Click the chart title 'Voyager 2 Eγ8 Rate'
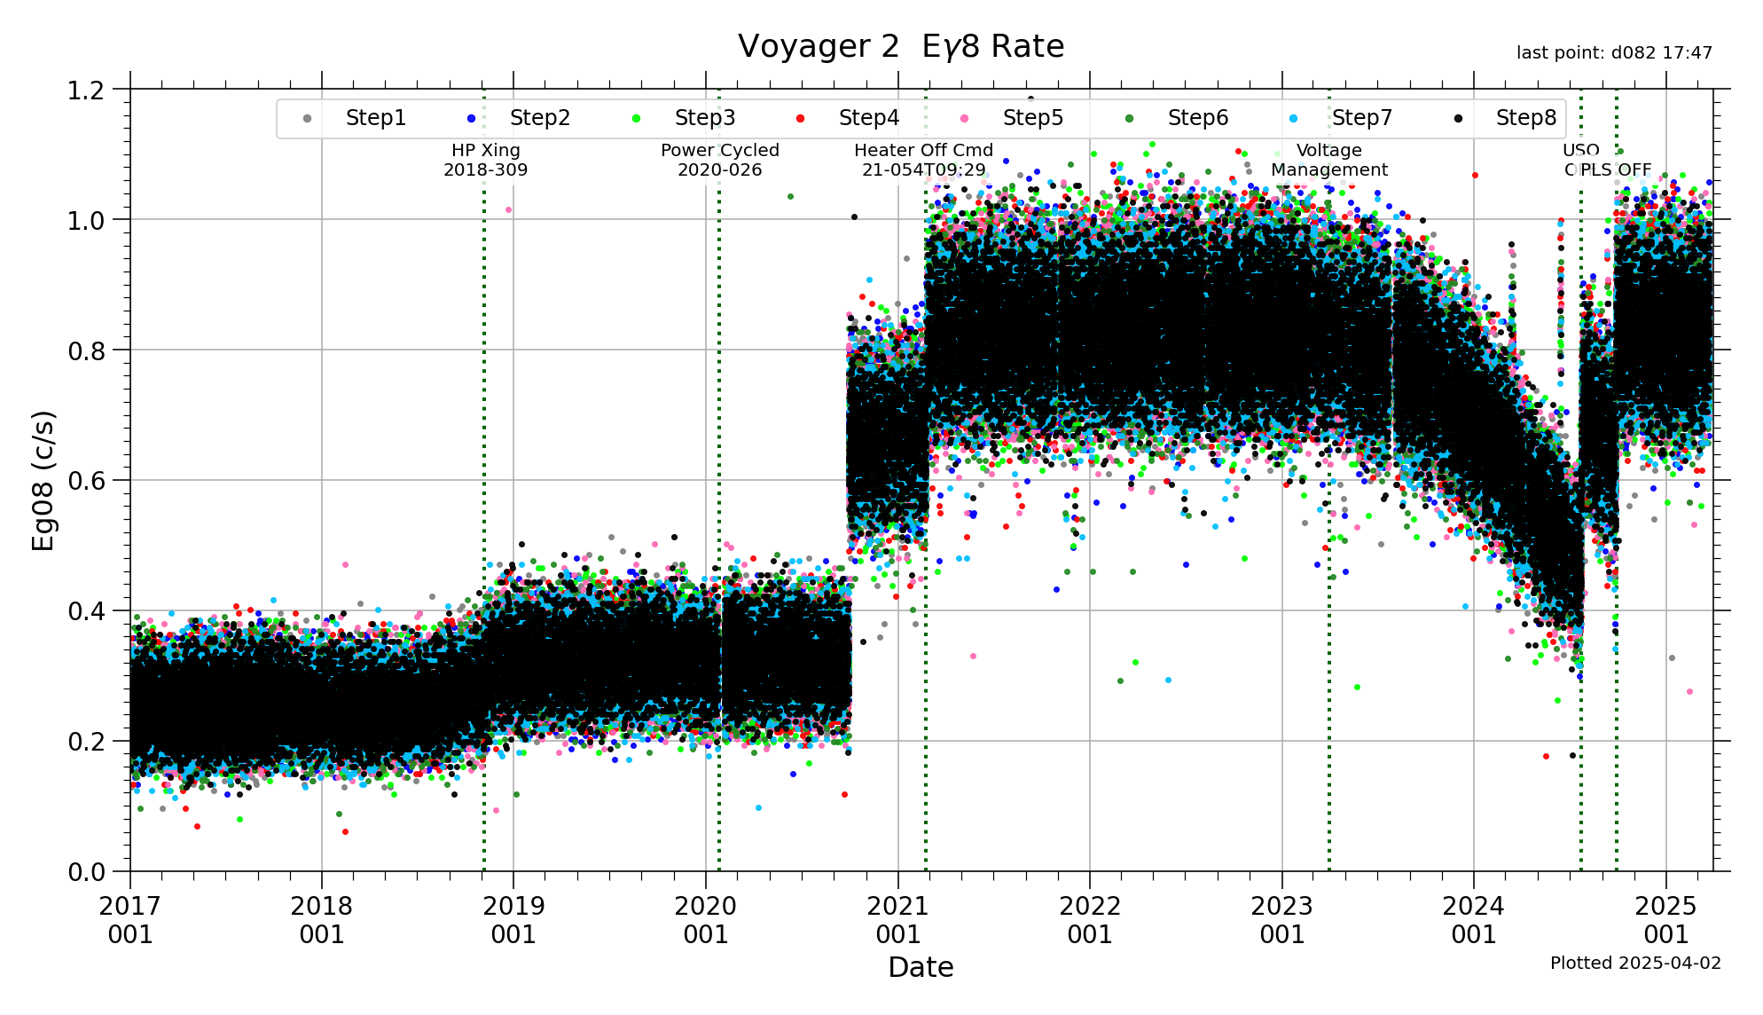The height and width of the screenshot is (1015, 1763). pos(900,46)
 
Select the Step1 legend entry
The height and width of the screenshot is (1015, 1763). pos(375,118)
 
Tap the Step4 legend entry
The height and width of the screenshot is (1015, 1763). pos(868,118)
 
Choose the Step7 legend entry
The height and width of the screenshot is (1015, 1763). pos(1361,118)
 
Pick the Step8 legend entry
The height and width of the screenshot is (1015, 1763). pos(1525,118)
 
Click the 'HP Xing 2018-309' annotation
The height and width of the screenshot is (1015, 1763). pos(485,160)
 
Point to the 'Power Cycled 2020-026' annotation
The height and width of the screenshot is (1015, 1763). pos(719,160)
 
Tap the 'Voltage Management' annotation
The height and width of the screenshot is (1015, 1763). pos(1328,160)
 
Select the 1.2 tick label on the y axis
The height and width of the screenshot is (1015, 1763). pos(86,90)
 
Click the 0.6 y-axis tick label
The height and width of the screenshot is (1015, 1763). pos(86,481)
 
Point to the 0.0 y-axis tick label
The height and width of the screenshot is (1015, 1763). pos(86,872)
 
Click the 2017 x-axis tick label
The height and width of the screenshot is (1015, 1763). pos(130,919)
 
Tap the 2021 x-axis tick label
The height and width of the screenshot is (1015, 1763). pos(897,919)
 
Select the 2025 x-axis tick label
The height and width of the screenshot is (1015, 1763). pos(1665,919)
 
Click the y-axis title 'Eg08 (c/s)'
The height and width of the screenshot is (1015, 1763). pos(43,480)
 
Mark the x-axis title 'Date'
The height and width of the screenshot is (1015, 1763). pos(921,967)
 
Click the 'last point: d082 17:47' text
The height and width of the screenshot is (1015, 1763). pos(1614,53)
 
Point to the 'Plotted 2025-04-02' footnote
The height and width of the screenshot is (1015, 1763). pos(1635,963)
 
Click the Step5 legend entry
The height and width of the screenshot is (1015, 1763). pos(1032,118)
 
